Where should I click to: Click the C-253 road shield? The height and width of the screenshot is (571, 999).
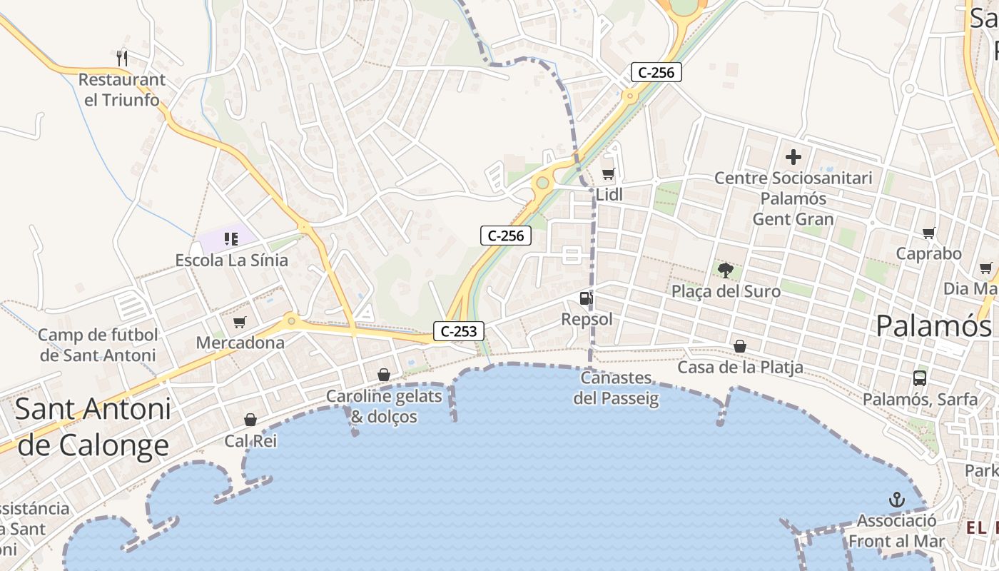(459, 331)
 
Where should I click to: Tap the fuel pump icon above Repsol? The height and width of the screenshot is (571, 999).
(586, 298)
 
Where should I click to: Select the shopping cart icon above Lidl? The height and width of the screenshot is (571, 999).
(609, 173)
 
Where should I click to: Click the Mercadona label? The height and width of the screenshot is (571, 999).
(240, 343)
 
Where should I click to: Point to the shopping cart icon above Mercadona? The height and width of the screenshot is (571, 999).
(240, 323)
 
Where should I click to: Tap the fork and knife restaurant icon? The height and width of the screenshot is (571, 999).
(122, 57)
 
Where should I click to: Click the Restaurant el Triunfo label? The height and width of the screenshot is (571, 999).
(122, 89)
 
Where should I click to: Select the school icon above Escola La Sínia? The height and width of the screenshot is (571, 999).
(230, 238)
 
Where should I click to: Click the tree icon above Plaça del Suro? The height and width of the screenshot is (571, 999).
(726, 271)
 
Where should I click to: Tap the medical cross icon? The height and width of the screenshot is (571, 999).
(793, 157)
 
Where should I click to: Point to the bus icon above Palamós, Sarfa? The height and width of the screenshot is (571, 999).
(920, 378)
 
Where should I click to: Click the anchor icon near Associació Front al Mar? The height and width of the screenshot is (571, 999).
(897, 500)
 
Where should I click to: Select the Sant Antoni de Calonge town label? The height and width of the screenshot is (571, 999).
(93, 427)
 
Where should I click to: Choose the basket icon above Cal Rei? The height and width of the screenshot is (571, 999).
(250, 420)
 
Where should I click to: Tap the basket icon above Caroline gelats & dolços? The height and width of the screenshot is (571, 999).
(384, 375)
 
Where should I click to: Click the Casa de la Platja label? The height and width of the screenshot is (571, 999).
(740, 368)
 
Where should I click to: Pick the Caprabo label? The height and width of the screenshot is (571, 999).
(928, 253)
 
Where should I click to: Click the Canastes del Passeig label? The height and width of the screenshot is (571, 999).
(616, 388)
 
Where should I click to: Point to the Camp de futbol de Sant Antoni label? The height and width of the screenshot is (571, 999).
(98, 345)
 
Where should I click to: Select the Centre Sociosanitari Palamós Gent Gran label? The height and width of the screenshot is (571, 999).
(793, 198)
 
